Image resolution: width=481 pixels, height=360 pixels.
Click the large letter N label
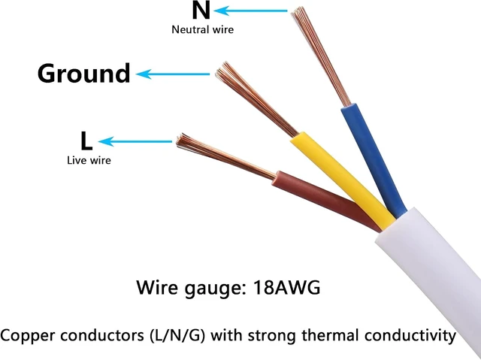coord(201,10)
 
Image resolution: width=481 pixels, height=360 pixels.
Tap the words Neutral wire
coord(202,30)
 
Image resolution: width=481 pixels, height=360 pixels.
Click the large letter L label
coord(86,141)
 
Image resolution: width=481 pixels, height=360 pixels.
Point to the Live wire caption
coord(89,160)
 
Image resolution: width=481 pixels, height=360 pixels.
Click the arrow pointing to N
coord(250,11)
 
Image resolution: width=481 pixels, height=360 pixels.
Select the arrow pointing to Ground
coord(173,74)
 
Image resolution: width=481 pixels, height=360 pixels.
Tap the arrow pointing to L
coord(135,141)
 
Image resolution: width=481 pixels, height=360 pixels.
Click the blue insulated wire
coord(373,159)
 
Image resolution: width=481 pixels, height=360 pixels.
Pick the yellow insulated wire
coord(342,181)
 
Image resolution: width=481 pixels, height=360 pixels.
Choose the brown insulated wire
coord(325,199)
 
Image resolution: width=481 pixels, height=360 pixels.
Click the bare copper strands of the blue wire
coord(321,56)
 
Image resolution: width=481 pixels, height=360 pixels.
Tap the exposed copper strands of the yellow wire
coord(256,98)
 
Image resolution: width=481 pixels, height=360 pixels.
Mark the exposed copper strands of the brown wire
coord(225,156)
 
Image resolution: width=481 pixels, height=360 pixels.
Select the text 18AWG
coord(287,288)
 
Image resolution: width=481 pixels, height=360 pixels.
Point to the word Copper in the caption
coord(29,336)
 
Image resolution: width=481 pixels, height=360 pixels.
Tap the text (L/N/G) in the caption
coord(177,335)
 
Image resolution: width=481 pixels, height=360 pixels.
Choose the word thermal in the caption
coord(330,335)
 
